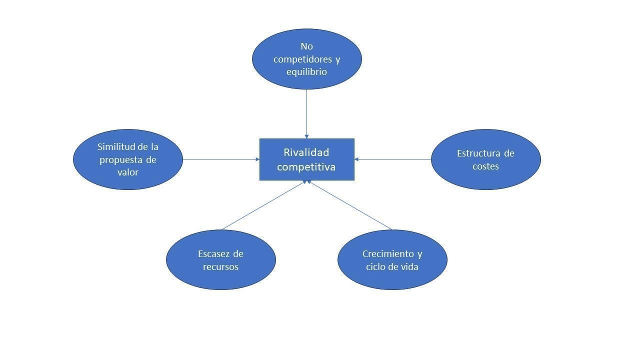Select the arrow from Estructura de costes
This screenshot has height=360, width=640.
click(x=392, y=159)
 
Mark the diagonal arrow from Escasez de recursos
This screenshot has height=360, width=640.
click(x=263, y=205)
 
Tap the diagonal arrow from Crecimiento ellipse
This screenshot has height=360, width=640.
click(x=350, y=205)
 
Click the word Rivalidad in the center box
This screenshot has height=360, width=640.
click(x=306, y=152)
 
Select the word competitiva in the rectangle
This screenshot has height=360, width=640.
click(x=306, y=166)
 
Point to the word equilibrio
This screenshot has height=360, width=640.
click(x=306, y=71)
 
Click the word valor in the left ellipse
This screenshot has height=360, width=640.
click(x=127, y=172)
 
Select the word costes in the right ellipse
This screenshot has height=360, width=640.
click(x=485, y=166)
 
